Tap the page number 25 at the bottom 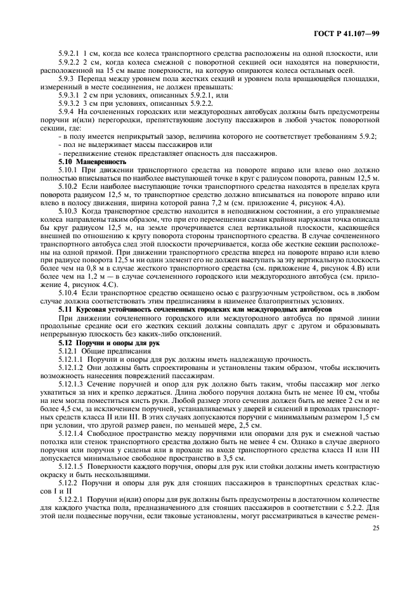coord(375,527)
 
